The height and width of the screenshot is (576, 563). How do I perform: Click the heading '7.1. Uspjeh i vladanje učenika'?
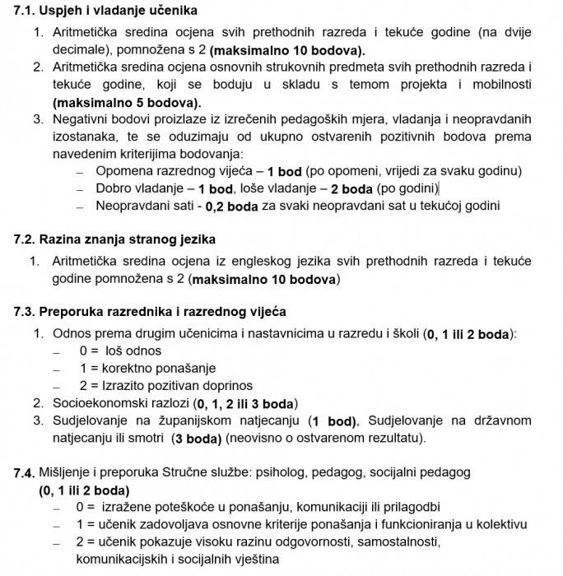(x=106, y=11)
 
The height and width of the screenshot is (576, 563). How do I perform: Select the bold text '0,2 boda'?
(x=233, y=207)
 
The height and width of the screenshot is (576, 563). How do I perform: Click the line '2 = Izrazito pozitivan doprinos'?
(x=165, y=385)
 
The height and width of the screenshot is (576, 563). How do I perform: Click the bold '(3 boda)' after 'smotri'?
(x=196, y=439)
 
